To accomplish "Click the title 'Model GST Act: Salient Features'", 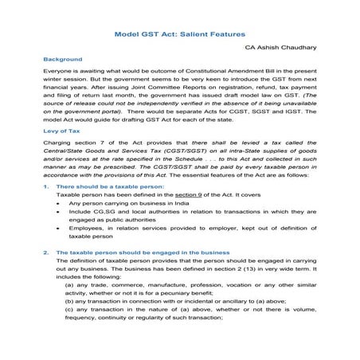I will pyautogui.click(x=179, y=35).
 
